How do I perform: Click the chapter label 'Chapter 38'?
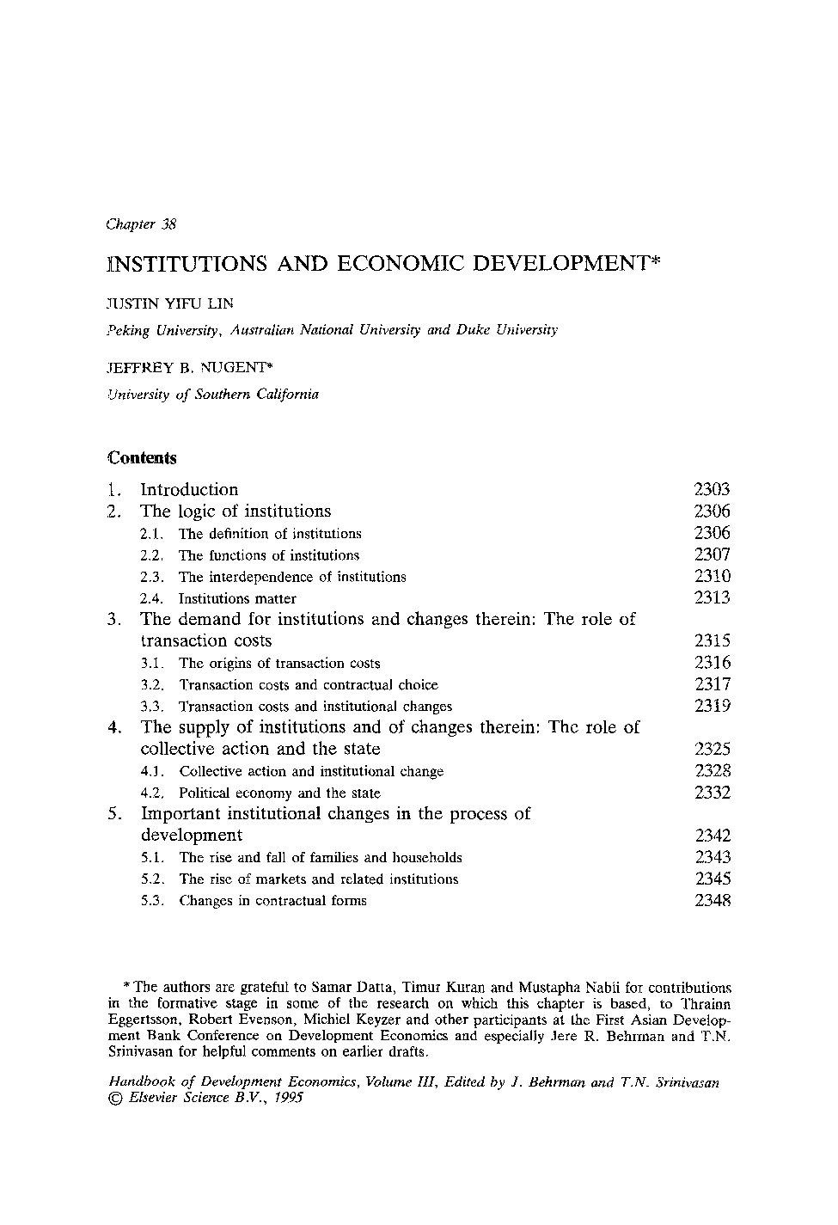pos(141,224)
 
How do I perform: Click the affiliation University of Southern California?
pos(212,395)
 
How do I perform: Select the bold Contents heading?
pos(142,457)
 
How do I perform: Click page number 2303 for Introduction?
pos(712,489)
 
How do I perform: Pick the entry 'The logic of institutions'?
pos(235,511)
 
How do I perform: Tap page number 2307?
pos(712,554)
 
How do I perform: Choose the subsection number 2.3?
pos(151,577)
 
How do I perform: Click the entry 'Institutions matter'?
pos(237,598)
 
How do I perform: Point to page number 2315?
pos(712,640)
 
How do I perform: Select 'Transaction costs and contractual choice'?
pos(309,685)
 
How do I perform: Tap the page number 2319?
pos(712,706)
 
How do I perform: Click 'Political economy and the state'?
pos(279,793)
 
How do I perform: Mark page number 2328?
pos(712,771)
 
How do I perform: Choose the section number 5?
pos(114,813)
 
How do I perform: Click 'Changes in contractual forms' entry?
pos(272,901)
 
